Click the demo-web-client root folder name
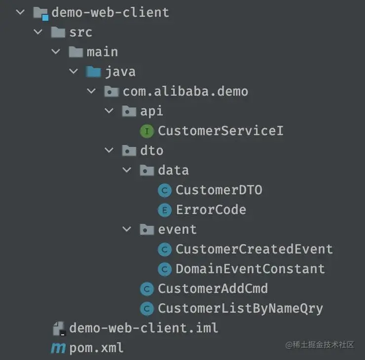click(110, 12)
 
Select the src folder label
click(81, 32)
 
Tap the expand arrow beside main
click(55, 52)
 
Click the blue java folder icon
click(93, 72)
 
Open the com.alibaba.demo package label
click(185, 91)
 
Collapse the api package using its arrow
click(109, 111)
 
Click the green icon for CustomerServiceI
click(146, 131)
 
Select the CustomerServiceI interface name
click(220, 131)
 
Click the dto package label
click(151, 150)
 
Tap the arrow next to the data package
click(127, 170)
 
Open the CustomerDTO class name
click(219, 190)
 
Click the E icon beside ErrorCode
click(164, 210)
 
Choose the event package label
click(177, 229)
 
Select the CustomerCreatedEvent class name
click(254, 249)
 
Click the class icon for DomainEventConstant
click(164, 269)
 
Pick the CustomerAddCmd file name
click(213, 288)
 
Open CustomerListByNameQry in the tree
click(240, 308)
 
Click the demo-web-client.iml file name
click(144, 328)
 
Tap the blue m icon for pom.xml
click(58, 348)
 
